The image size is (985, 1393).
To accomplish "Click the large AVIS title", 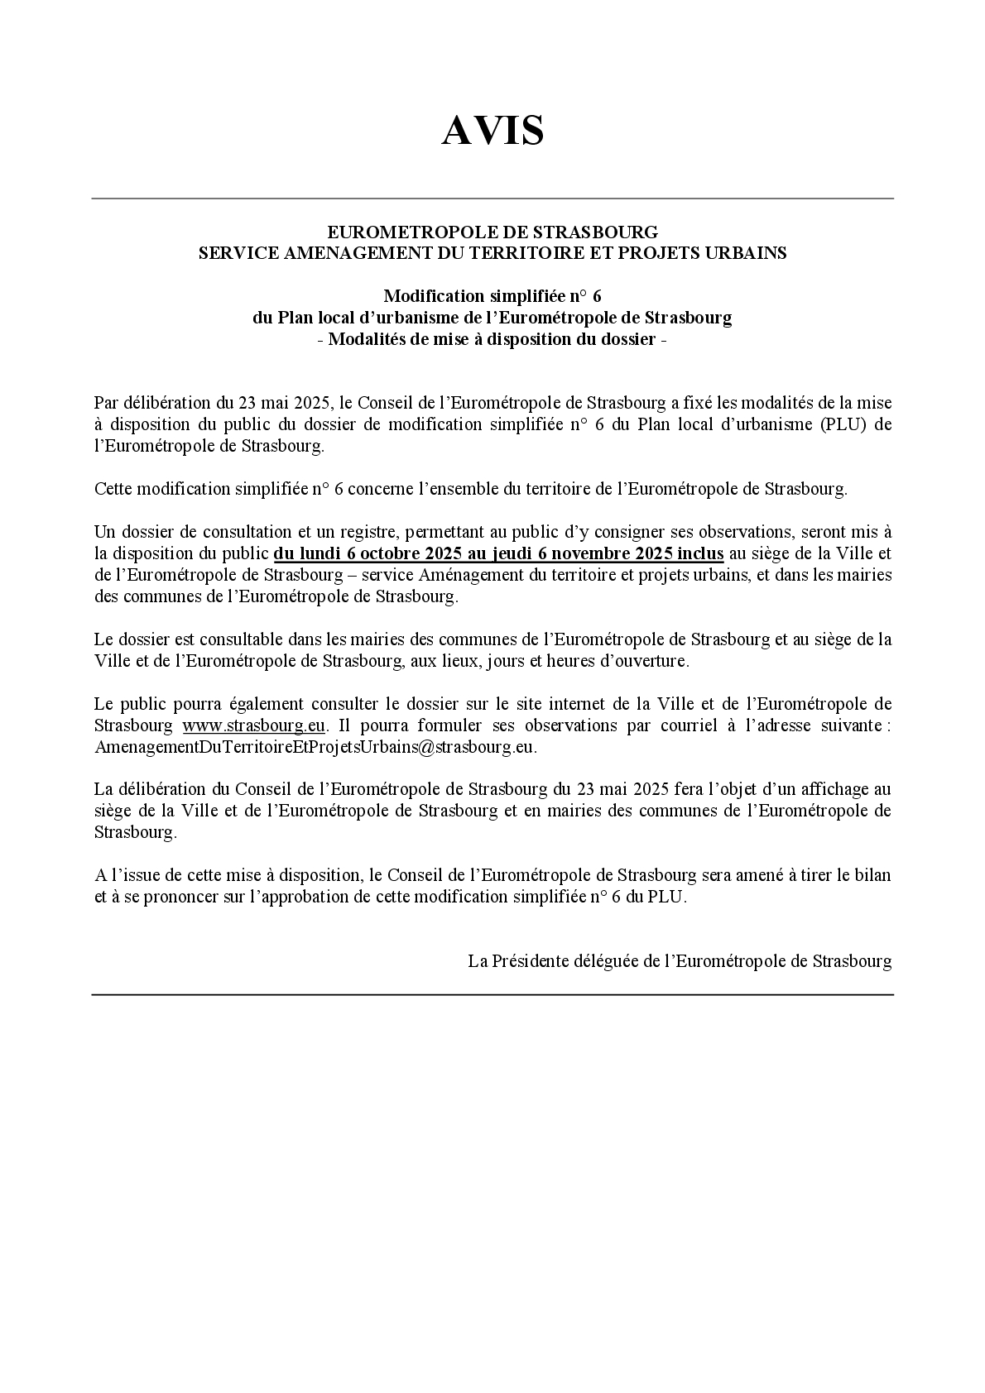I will pyautogui.click(x=492, y=131).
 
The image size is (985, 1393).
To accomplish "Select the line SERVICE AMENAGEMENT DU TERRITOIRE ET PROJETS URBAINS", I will pyautogui.click(x=492, y=253).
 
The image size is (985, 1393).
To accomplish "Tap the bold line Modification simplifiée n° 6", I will pyautogui.click(x=492, y=296).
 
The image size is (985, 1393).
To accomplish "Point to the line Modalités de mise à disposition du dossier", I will pyautogui.click(x=492, y=339).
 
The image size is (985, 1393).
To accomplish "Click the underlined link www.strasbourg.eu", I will pyautogui.click(x=254, y=725).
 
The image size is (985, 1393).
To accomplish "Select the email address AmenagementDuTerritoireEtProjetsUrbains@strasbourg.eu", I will pyautogui.click(x=315, y=747).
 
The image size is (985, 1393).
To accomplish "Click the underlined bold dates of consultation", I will pyautogui.click(x=498, y=553).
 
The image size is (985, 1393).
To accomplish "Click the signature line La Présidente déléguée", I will pyautogui.click(x=680, y=961).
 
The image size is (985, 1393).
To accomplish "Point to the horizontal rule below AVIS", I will pyautogui.click(x=492, y=199).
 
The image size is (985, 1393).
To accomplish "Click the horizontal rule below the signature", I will pyautogui.click(x=492, y=994).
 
